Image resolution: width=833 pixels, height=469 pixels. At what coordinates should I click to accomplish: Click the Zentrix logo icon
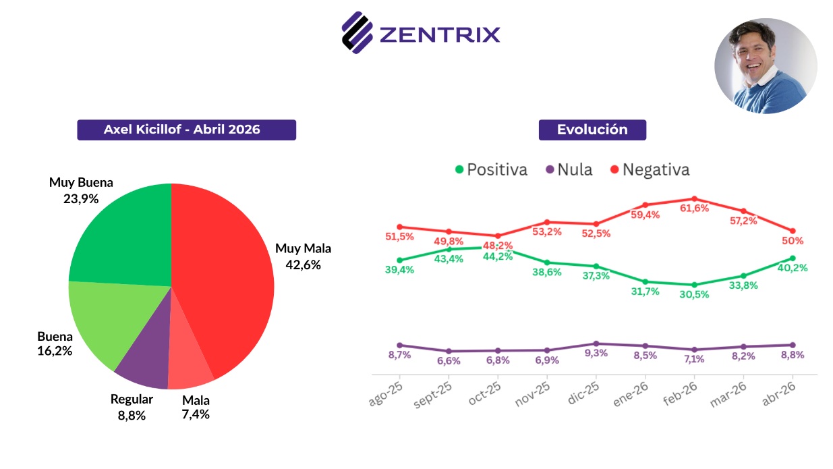pos(357,32)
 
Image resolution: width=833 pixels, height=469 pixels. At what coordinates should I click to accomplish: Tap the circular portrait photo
pos(766,65)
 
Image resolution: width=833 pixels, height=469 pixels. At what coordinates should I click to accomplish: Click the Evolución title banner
pos(592,130)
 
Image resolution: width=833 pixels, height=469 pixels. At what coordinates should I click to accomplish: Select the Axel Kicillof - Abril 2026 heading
pos(186,130)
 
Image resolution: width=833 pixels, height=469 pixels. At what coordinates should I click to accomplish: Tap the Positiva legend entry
pos(491,169)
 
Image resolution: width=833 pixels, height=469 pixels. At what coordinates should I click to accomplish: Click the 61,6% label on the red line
pos(695,209)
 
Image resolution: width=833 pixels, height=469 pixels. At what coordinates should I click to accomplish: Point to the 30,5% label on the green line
pos(695,295)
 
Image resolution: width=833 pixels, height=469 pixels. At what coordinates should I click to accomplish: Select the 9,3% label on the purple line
pos(596,353)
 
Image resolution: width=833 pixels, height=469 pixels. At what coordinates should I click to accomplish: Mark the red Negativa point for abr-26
pos(793,231)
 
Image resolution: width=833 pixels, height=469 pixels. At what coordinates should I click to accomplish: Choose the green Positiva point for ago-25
pos(399,260)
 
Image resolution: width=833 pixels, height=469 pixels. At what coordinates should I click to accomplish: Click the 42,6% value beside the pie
pos(303,265)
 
